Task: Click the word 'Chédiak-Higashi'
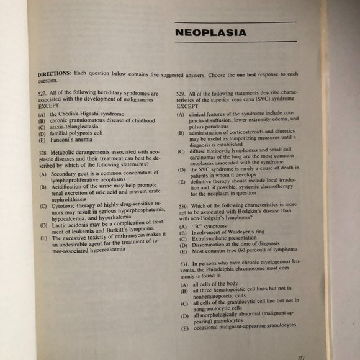79,114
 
